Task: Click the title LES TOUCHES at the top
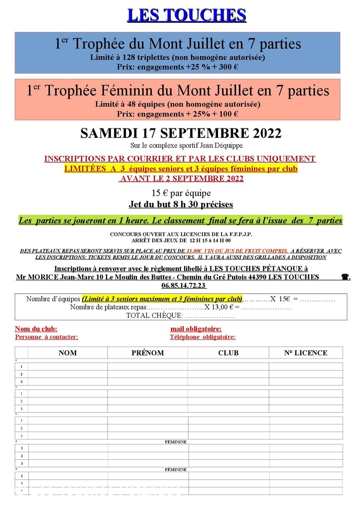(187, 15)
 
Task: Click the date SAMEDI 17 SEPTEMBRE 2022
(181, 133)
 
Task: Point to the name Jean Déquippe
(215, 145)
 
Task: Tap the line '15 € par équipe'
(181, 193)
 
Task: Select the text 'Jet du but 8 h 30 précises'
(181, 204)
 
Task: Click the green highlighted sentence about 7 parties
(180, 220)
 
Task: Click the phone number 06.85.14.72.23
(183, 286)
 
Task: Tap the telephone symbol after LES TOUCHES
(345, 277)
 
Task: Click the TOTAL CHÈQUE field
(180, 315)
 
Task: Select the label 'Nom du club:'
(36, 329)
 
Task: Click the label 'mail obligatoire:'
(196, 329)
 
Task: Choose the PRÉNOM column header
(147, 353)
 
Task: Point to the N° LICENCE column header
(306, 353)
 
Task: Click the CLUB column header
(228, 353)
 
